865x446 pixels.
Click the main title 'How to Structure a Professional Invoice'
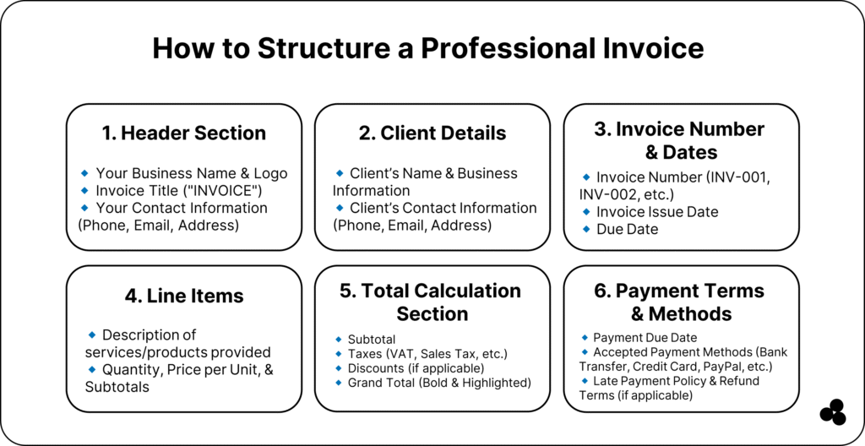428,49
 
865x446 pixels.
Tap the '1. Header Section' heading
183,133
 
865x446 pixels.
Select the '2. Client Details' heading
432,133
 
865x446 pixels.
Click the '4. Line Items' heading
184,296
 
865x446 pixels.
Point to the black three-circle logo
833,411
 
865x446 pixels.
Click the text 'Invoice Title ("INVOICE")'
179,190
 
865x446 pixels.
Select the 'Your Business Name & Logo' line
192,173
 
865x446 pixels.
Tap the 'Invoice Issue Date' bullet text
657,211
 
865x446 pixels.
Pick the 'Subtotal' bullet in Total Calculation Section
372,339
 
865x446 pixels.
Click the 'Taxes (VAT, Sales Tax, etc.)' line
427,354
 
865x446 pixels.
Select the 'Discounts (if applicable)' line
416,368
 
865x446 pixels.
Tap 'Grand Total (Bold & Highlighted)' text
439,383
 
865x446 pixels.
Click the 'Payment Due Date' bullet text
645,337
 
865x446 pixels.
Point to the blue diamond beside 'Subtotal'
339,339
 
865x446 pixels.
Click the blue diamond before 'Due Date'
586,229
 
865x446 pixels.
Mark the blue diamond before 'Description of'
92,335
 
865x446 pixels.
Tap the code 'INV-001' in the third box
737,177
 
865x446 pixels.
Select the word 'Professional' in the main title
505,49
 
